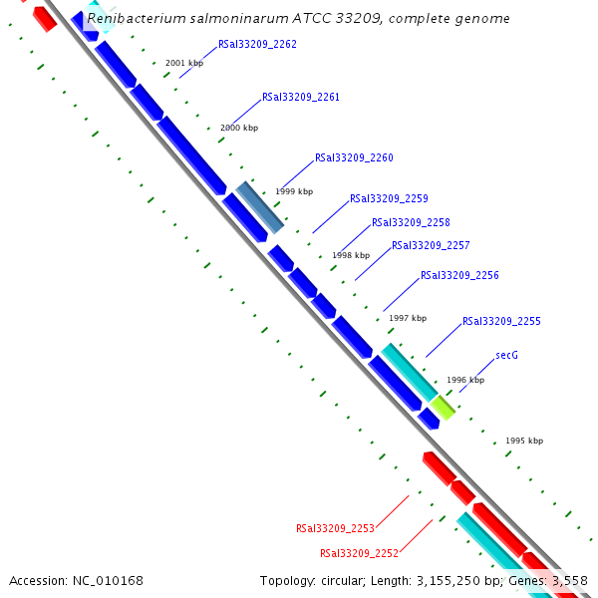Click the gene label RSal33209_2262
(257, 44)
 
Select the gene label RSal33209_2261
(301, 97)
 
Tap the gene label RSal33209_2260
(354, 157)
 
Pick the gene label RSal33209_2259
(389, 198)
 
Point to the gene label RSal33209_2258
(411, 222)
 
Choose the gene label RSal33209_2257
(431, 245)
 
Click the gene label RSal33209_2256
(459, 275)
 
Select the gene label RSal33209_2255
(501, 321)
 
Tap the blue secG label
(506, 355)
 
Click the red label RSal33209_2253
(335, 528)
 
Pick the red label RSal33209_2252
(359, 553)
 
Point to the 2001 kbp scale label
(184, 63)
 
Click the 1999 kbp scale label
(294, 191)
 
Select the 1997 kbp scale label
(408, 318)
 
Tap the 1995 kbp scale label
(524, 441)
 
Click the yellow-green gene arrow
(443, 406)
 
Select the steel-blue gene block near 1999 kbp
(260, 207)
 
